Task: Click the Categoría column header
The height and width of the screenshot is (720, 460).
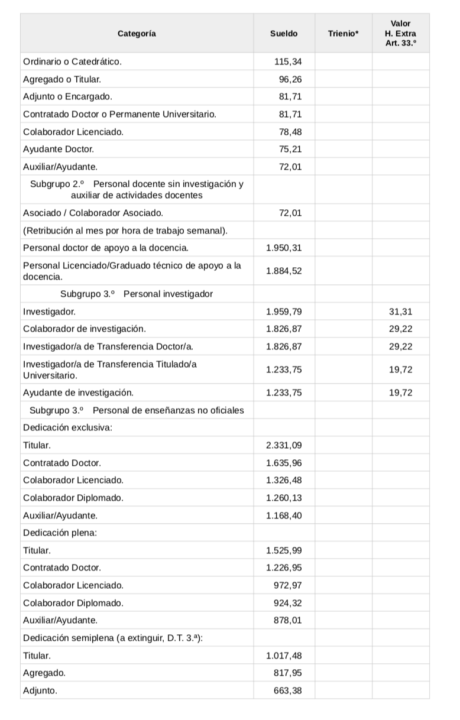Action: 137,34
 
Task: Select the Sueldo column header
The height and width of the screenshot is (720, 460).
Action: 284,34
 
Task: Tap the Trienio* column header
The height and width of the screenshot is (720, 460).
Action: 343,34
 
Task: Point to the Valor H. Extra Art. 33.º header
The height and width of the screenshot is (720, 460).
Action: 400,34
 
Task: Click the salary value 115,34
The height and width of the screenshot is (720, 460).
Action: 288,61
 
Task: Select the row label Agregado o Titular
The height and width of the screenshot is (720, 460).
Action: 61,79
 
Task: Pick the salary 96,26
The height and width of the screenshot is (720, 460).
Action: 290,79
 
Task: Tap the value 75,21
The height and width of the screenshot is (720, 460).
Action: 290,149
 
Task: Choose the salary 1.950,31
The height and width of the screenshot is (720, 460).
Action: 284,248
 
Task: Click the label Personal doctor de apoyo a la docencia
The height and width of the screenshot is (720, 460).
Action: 106,248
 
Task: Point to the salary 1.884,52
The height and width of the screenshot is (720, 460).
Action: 284,271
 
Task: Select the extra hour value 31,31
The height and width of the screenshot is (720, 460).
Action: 401,311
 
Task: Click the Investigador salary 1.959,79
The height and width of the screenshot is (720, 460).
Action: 284,311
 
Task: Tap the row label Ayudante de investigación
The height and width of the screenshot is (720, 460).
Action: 78,393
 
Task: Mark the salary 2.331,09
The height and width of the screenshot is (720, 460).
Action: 284,445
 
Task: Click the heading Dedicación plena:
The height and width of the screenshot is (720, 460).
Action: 60,533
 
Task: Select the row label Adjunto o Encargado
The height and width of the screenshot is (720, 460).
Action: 67,96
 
